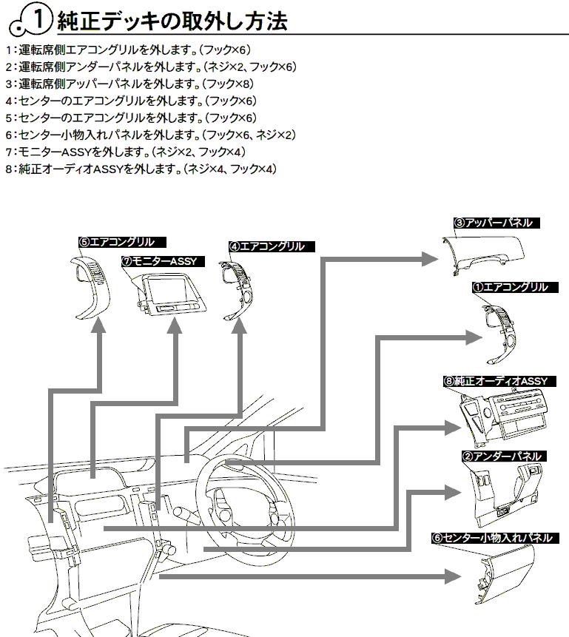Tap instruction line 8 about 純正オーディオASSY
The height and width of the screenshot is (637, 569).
point(140,169)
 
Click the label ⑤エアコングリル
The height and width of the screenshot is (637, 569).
point(122,241)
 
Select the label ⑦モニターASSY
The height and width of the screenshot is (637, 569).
point(163,261)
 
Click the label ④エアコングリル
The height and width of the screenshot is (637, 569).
point(267,246)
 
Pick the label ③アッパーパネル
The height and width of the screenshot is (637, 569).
point(493,222)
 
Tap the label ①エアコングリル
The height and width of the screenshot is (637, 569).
point(511,286)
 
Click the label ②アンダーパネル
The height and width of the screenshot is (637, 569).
point(502,456)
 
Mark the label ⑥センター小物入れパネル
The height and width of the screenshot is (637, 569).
point(492,538)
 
